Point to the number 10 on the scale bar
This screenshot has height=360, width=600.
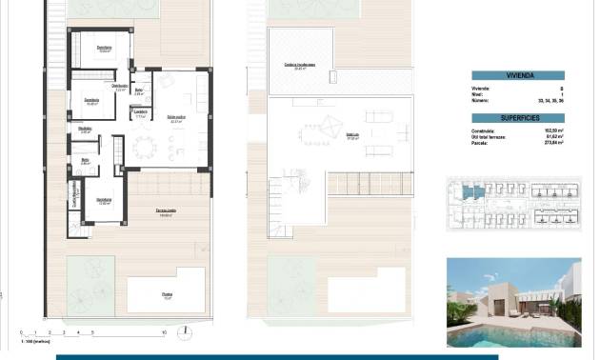pos(165,333)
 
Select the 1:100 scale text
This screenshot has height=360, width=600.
pos(30,342)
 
